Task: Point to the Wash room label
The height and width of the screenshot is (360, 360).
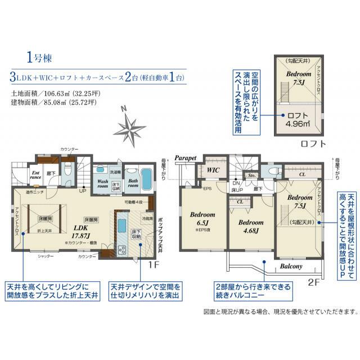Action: point(103,184)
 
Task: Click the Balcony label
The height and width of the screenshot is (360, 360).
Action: point(290,266)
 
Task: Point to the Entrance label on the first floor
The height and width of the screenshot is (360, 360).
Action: point(35,175)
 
